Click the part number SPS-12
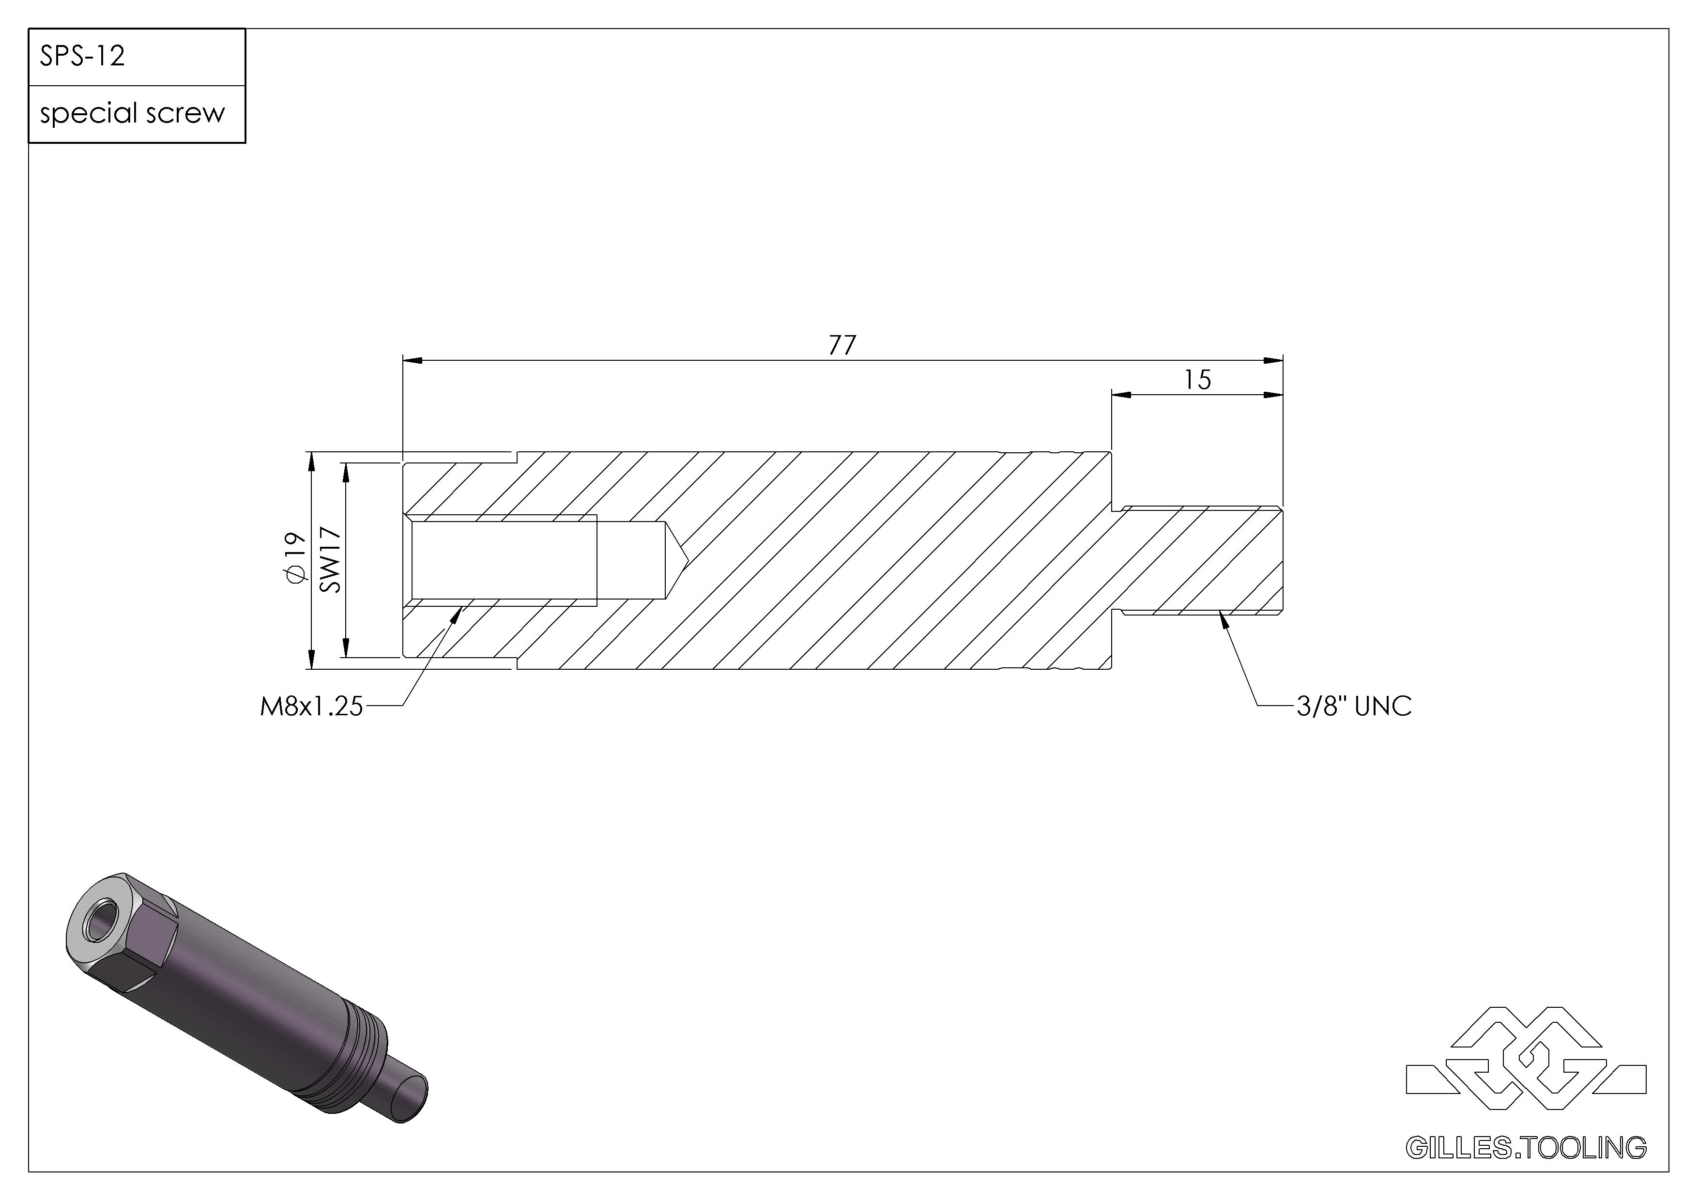(82, 56)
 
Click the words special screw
(132, 113)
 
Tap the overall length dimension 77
(842, 345)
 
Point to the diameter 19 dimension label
(295, 559)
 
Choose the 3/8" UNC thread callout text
(1354, 706)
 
